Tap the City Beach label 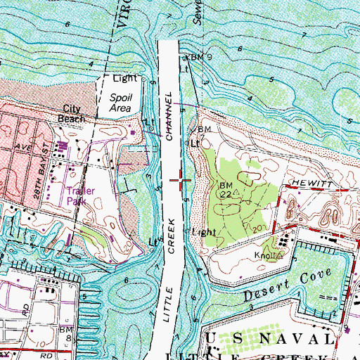pyautogui.click(x=74, y=114)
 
